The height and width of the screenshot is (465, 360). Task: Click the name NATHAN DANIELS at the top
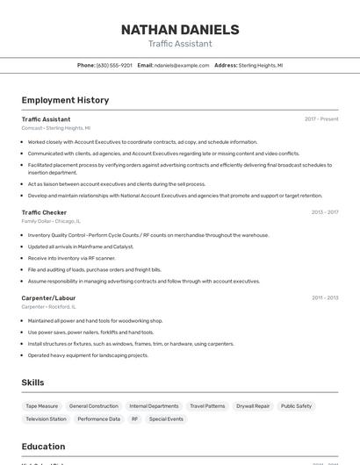pos(180,30)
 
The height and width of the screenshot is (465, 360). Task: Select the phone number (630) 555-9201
pos(114,65)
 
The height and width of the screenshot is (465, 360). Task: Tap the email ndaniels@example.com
pos(181,65)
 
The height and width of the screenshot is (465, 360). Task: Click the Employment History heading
pos(65,100)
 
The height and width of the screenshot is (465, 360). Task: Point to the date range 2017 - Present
pos(321,118)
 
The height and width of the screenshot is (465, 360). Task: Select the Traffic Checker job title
pos(44,212)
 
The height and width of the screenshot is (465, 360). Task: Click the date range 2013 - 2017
pos(325,212)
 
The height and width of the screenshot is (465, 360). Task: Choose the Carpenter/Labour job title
pos(48,298)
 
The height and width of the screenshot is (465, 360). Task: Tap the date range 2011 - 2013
pos(325,298)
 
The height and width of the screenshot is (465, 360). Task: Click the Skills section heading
pos(33,383)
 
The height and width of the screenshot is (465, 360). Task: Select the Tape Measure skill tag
pos(41,406)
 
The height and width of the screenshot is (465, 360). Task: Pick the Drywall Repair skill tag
pos(254,406)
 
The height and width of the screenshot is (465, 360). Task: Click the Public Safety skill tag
pos(296,406)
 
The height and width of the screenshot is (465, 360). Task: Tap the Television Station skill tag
pos(46,419)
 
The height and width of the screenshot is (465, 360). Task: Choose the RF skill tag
pos(134,419)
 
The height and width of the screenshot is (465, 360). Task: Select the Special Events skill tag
pos(166,419)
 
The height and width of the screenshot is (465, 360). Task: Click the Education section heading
pos(43,447)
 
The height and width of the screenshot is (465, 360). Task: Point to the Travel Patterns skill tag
pos(207,406)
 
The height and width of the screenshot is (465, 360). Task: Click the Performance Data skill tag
pos(98,419)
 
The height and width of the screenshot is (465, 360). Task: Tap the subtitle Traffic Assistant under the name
pos(180,44)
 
